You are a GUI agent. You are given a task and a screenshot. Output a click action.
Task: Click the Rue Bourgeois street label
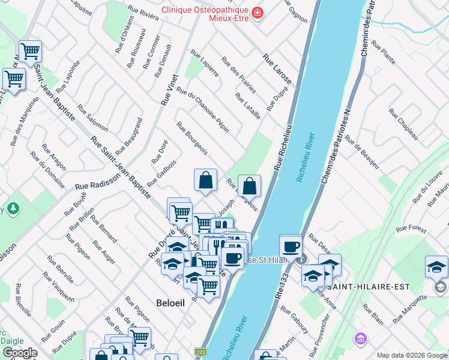192,138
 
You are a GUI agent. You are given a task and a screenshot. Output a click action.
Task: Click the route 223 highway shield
200,352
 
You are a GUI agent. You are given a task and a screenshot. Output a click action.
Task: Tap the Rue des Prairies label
239,75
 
